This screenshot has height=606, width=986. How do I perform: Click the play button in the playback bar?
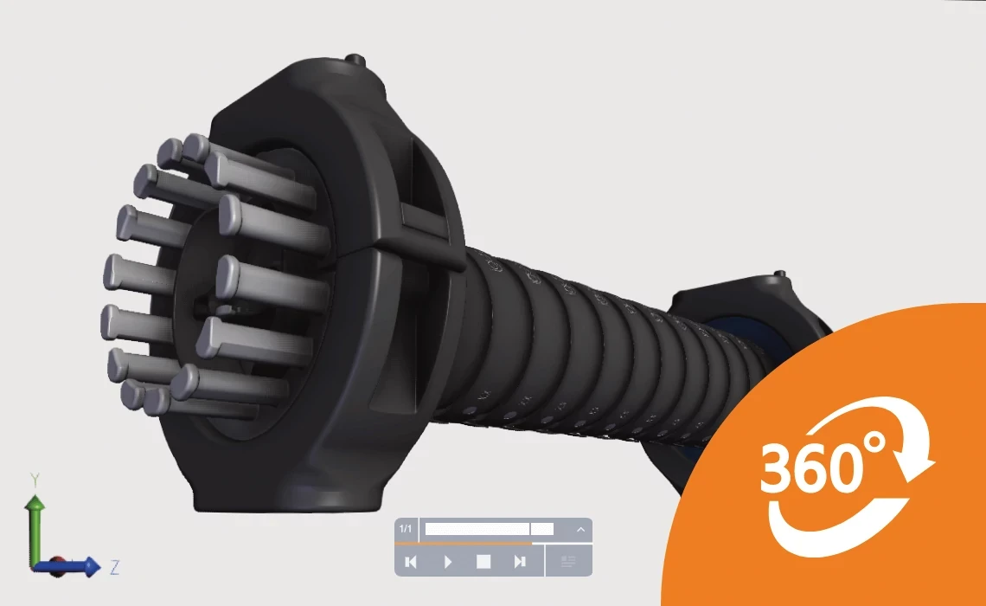coord(448,562)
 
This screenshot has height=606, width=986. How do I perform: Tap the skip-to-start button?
coord(412,562)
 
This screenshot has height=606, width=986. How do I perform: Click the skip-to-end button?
coord(520,562)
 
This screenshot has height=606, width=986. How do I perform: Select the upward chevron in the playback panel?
coord(580,529)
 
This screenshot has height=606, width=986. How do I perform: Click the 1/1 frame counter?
coord(406,529)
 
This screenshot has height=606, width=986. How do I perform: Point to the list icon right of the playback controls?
coord(568,562)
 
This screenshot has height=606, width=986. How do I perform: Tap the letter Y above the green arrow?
coord(35,479)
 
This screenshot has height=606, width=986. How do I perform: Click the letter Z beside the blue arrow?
coord(114,568)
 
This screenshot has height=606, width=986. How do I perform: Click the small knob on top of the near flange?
coord(353,60)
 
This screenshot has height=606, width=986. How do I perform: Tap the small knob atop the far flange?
coord(779,274)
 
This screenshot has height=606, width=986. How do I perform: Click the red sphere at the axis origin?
coord(52,567)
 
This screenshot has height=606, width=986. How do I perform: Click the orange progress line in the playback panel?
coord(464,544)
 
